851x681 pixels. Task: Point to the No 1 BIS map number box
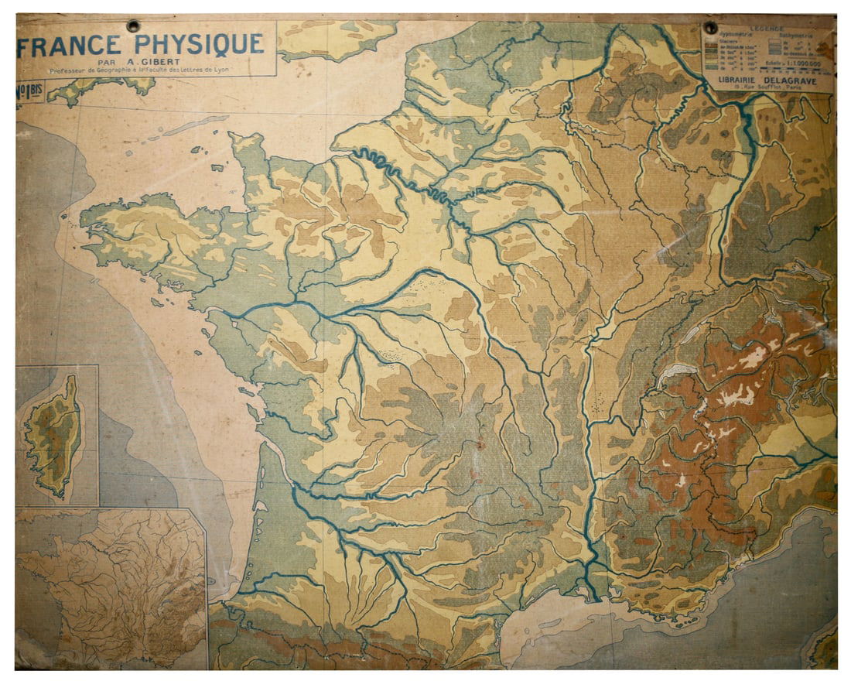[29, 91]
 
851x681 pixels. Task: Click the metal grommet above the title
[133, 26]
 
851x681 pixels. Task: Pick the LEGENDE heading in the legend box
[767, 29]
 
